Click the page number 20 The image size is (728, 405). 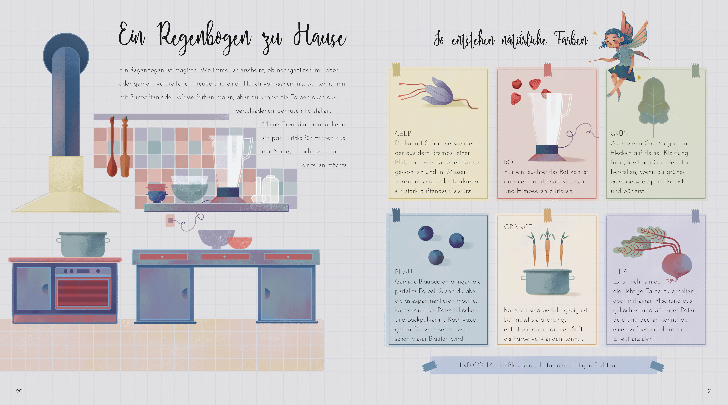click(x=19, y=391)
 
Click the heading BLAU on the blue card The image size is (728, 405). click(x=403, y=272)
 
